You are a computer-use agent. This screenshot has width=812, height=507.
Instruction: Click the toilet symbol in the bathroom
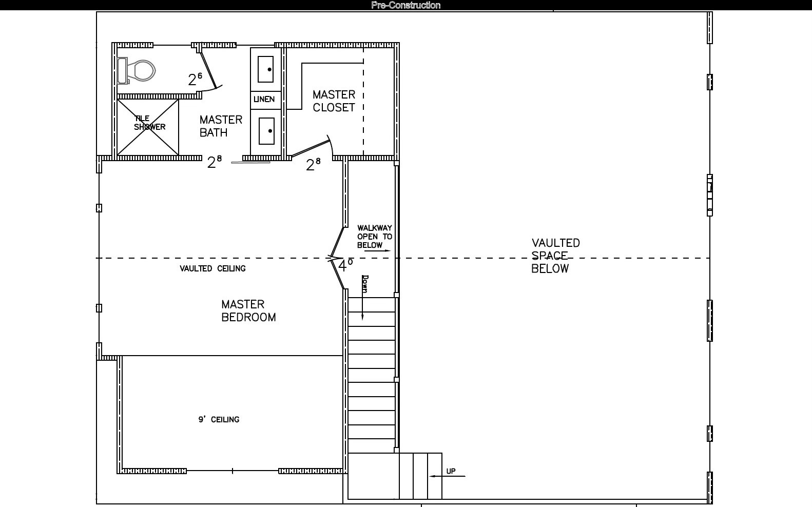pyautogui.click(x=137, y=71)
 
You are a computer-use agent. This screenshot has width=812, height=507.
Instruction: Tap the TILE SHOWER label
pyautogui.click(x=150, y=123)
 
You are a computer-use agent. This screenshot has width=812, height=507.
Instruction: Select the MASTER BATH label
pyautogui.click(x=221, y=126)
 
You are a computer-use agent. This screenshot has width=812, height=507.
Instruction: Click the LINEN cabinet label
pyautogui.click(x=264, y=99)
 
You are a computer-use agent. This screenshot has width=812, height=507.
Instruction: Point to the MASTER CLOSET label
pyautogui.click(x=334, y=101)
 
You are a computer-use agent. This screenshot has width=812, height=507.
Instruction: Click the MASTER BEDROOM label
pyautogui.click(x=248, y=311)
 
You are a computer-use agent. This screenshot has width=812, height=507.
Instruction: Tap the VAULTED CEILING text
pyautogui.click(x=213, y=268)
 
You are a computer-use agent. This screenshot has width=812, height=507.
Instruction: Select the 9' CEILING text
pyautogui.click(x=219, y=419)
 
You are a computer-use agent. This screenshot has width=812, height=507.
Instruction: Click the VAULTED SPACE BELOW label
pyautogui.click(x=555, y=256)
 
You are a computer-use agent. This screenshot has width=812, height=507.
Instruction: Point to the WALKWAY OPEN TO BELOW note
pyautogui.click(x=375, y=236)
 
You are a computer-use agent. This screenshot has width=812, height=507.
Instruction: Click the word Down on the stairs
pyautogui.click(x=365, y=284)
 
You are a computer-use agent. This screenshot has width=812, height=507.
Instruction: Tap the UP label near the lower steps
pyautogui.click(x=451, y=471)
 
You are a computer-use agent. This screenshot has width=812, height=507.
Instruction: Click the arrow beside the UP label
pyautogui.click(x=448, y=476)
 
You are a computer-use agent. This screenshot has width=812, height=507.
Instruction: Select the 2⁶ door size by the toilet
pyautogui.click(x=195, y=79)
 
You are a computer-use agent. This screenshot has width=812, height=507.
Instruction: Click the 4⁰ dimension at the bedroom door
pyautogui.click(x=345, y=265)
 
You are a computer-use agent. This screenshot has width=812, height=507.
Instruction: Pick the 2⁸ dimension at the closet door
pyautogui.click(x=313, y=164)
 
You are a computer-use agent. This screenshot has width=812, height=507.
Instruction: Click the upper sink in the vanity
pyautogui.click(x=266, y=69)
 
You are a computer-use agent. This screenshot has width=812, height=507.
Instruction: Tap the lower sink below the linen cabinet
pyautogui.click(x=266, y=131)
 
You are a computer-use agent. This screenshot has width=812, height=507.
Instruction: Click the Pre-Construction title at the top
pyautogui.click(x=405, y=5)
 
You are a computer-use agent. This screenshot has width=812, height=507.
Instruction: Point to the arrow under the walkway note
pyautogui.click(x=377, y=250)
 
